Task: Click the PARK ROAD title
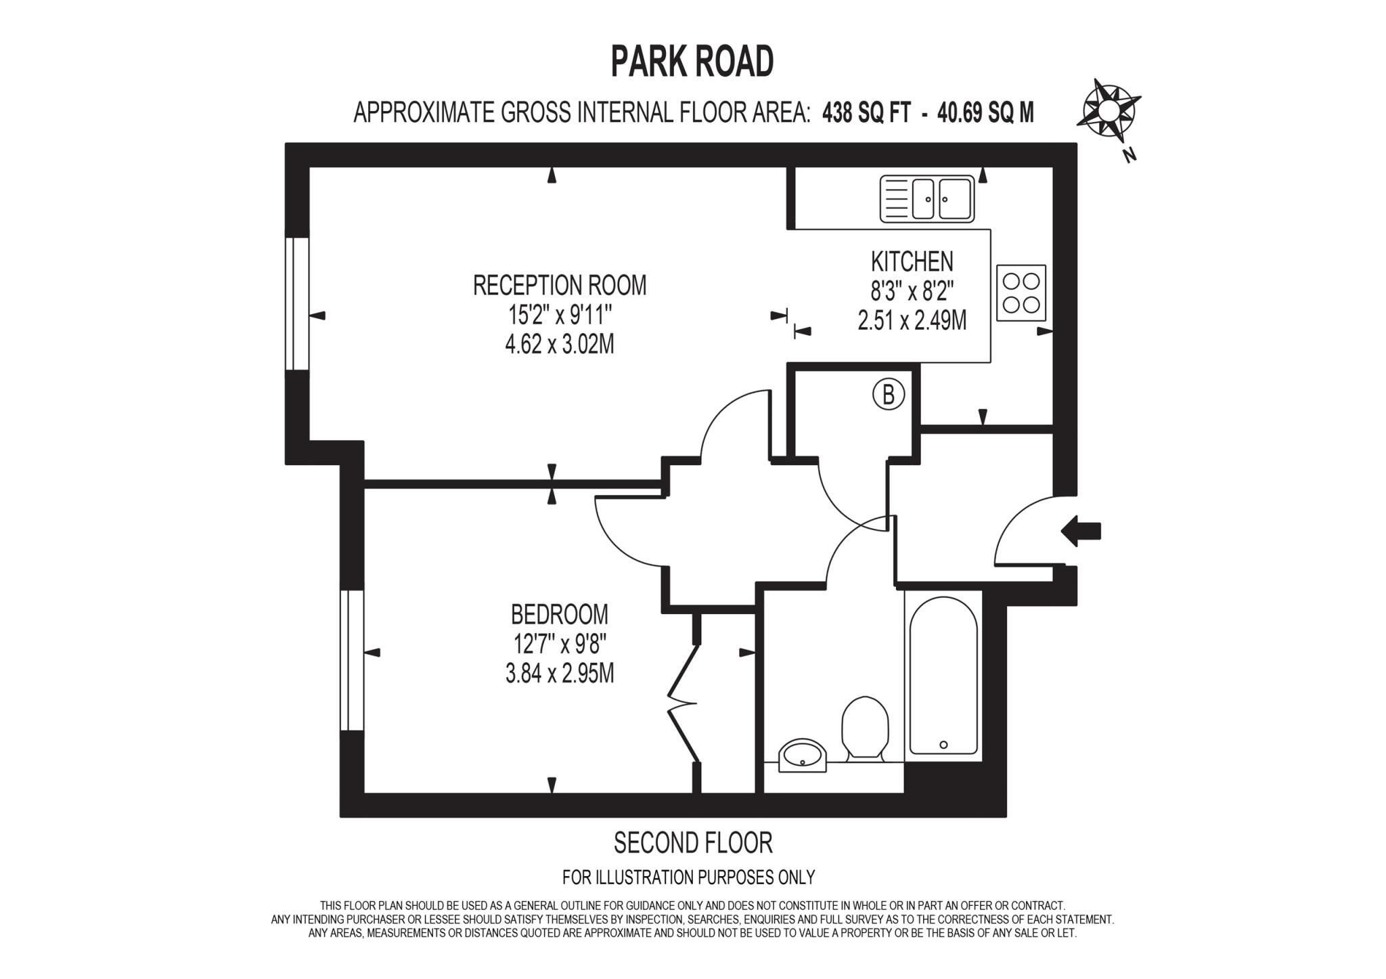click(692, 62)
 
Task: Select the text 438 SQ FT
click(866, 112)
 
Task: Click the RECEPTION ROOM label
click(560, 286)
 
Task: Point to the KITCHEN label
click(912, 261)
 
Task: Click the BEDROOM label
click(560, 615)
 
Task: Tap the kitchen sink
click(927, 199)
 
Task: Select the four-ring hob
click(1021, 292)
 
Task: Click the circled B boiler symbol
click(889, 394)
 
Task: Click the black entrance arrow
click(1081, 531)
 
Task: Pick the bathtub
click(943, 676)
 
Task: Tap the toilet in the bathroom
click(864, 727)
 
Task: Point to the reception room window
click(296, 303)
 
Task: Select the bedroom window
click(351, 660)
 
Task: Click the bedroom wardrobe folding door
click(684, 704)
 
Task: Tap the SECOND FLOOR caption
click(692, 843)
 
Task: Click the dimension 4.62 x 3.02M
click(560, 345)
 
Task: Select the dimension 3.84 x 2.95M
click(560, 674)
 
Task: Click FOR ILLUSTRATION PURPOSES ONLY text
click(688, 877)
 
